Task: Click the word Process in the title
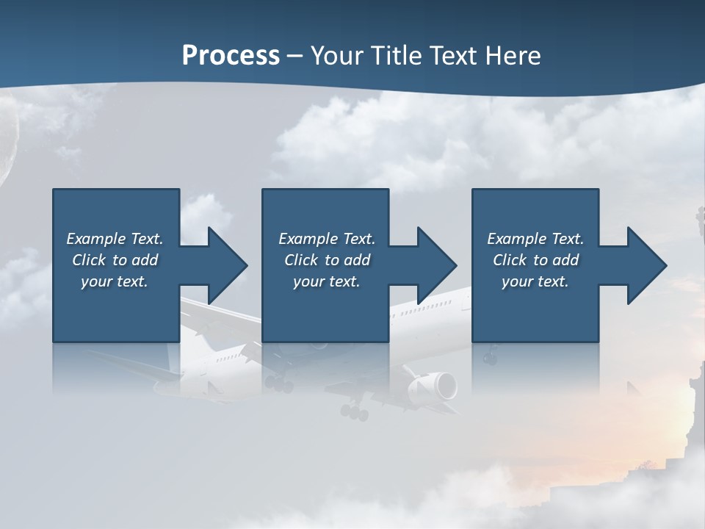[231, 56]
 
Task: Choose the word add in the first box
[145, 260]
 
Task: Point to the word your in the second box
[308, 281]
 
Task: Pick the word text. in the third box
[553, 281]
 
